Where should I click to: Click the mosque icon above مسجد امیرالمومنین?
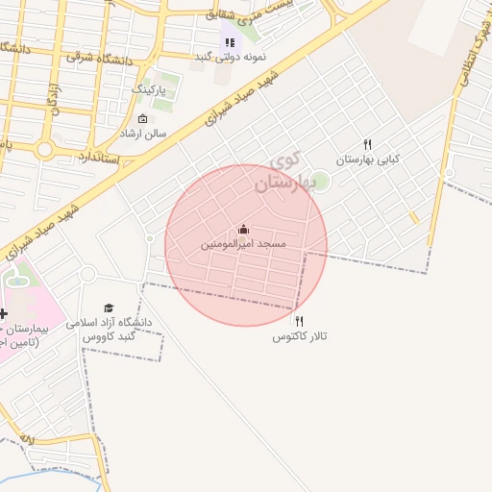(x=243, y=230)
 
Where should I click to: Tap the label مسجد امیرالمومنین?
(x=244, y=245)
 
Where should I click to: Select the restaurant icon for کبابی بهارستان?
(x=367, y=144)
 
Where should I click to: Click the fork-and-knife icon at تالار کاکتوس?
(x=299, y=321)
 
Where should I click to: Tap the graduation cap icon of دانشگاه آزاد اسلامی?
(x=108, y=307)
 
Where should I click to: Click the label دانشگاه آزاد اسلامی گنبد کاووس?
(x=113, y=331)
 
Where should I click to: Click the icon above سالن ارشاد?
(x=142, y=118)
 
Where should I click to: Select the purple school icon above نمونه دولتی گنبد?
(x=229, y=41)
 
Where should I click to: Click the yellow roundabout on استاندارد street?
(x=44, y=150)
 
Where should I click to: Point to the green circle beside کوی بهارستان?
(x=321, y=182)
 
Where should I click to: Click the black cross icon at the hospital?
(x=3, y=313)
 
